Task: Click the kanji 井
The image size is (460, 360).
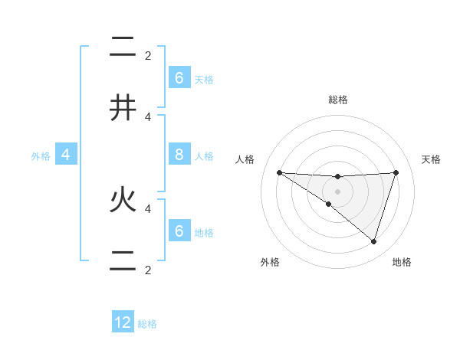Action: pyautogui.click(x=123, y=107)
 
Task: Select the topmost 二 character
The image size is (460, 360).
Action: pyautogui.click(x=123, y=47)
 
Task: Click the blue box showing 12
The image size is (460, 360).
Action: pyautogui.click(x=123, y=322)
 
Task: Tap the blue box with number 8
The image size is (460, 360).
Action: pyautogui.click(x=179, y=155)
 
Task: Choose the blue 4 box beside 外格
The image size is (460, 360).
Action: pyautogui.click(x=66, y=155)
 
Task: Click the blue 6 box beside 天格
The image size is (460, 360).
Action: pyautogui.click(x=179, y=77)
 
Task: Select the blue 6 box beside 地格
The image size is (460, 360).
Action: pyautogui.click(x=179, y=231)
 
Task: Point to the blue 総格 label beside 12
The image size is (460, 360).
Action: pyautogui.click(x=147, y=324)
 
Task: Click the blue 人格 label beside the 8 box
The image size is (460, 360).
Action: pyautogui.click(x=204, y=156)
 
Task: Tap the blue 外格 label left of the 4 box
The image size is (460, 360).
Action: pyautogui.click(x=41, y=156)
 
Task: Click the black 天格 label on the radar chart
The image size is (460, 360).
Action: pyautogui.click(x=431, y=159)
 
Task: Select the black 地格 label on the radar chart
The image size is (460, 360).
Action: pyautogui.click(x=402, y=262)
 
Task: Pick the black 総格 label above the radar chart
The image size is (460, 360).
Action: pyautogui.click(x=338, y=100)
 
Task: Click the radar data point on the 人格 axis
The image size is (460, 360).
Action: pyautogui.click(x=279, y=172)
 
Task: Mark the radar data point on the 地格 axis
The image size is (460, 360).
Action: pyautogui.click(x=373, y=241)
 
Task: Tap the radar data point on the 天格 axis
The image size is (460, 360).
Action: pyautogui.click(x=396, y=172)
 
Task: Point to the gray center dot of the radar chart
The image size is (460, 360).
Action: pyautogui.click(x=337, y=191)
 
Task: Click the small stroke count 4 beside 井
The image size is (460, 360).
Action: pyautogui.click(x=148, y=116)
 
